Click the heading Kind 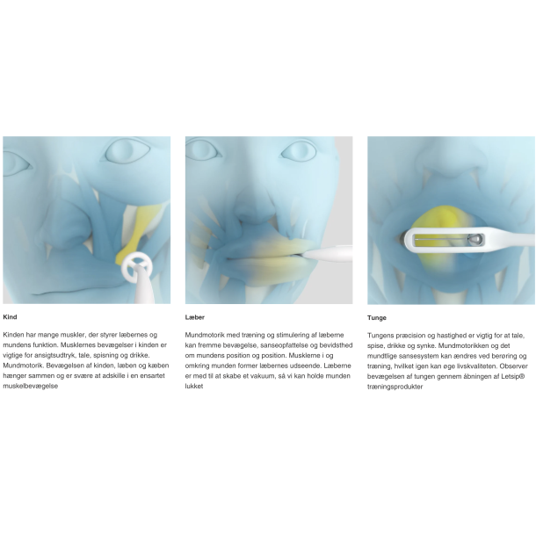pyautogui.click(x=10, y=317)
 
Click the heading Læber pyautogui.click(x=194, y=317)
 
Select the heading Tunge pyautogui.click(x=377, y=318)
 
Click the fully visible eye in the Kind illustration pyautogui.click(x=127, y=152)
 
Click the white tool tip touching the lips pyautogui.click(x=327, y=254)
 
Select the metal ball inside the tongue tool pyautogui.click(x=474, y=240)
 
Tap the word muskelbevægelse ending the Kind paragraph pyautogui.click(x=31, y=387)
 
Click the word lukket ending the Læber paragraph pyautogui.click(x=194, y=387)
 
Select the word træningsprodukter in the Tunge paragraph pyautogui.click(x=395, y=387)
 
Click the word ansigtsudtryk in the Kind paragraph pyautogui.click(x=54, y=356)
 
